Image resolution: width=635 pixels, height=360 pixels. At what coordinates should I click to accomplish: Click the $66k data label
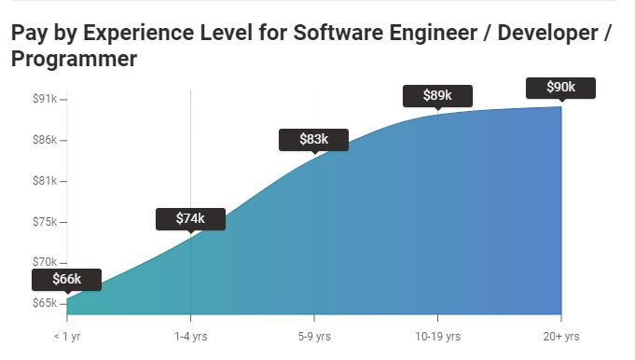(66, 279)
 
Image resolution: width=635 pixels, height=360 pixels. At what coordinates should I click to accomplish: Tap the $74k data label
(190, 218)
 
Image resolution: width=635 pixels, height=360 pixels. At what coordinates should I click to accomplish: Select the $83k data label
(313, 139)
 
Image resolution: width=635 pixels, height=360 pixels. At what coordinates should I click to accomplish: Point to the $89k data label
(437, 95)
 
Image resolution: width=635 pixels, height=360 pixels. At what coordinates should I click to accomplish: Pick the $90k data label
(560, 88)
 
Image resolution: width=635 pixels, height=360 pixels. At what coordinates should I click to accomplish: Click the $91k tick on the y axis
(44, 98)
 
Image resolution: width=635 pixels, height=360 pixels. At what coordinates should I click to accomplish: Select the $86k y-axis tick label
(44, 140)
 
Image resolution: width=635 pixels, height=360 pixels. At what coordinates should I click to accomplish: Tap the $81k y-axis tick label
(44, 181)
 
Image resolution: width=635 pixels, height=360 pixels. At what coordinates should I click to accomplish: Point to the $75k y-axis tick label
(44, 222)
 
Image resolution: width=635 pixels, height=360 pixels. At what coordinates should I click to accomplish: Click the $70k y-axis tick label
(44, 263)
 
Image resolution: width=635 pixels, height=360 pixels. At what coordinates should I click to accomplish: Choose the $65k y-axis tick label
(44, 304)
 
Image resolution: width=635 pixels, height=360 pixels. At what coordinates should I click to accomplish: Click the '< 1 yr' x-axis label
(67, 336)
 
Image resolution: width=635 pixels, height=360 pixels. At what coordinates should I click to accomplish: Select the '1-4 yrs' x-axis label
(190, 336)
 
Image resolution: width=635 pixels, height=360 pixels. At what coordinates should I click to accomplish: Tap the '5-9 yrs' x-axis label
(314, 336)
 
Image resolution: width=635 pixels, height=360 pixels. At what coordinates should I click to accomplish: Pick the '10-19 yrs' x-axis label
(437, 336)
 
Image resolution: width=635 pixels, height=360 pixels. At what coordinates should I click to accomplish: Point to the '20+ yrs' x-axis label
(560, 336)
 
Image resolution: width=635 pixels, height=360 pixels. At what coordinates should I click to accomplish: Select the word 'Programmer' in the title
(75, 60)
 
